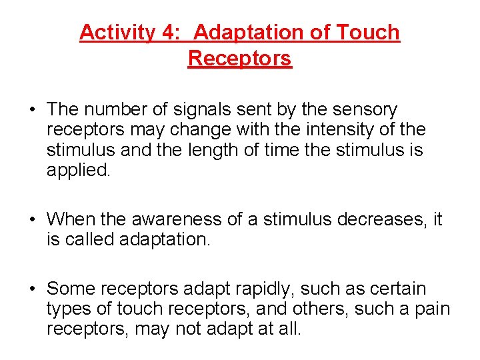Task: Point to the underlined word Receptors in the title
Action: [240, 59]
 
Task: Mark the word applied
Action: [78, 170]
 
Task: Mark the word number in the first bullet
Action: [112, 109]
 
